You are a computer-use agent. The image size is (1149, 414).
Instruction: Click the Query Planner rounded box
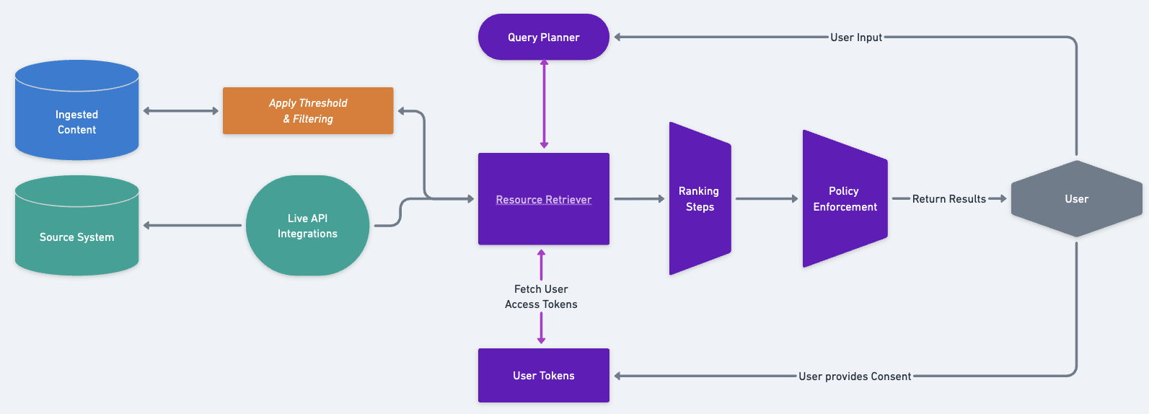543,37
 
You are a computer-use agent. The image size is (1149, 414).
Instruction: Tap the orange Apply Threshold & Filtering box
308,111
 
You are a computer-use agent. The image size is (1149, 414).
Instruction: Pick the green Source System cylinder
76,231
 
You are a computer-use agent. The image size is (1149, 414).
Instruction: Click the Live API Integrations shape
307,226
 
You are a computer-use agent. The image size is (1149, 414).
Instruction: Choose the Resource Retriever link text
543,200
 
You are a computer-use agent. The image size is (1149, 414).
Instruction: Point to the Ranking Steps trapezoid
699,198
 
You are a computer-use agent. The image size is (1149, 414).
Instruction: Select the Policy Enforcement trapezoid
844,198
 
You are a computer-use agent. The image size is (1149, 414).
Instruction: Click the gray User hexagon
1076,199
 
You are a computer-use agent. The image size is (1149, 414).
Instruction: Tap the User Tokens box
543,376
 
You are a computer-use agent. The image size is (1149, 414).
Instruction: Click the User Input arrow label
855,38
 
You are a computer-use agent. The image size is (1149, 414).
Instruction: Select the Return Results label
948,199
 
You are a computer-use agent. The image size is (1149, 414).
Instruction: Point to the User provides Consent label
855,376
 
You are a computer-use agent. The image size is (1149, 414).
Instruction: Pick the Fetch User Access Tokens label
541,296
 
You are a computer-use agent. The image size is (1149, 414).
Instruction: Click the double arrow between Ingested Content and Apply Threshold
180,111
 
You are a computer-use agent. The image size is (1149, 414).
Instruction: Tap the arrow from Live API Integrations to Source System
193,226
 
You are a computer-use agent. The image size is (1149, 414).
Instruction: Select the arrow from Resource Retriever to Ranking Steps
639,198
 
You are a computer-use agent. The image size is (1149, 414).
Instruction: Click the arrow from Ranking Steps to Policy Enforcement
767,198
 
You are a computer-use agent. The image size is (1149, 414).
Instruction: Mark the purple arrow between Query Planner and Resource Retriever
544,105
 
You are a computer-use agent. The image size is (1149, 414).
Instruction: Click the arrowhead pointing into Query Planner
617,37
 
